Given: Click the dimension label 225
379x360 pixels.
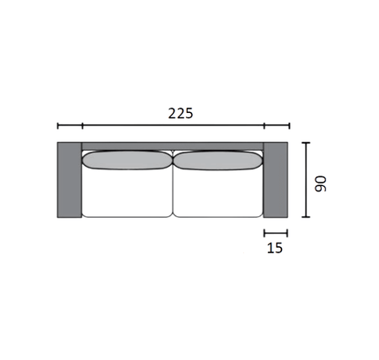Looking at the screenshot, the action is tap(181, 114).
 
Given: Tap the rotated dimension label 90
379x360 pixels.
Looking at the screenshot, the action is tap(320, 184).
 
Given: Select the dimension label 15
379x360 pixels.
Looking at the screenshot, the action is tap(275, 248).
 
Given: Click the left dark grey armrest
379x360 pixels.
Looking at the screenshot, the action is tap(70, 180).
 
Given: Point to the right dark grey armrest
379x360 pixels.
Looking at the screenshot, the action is tap(276, 180).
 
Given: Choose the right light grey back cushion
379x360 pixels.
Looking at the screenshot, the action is tap(218, 161).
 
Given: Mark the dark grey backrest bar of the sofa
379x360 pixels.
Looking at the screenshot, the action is tap(173, 146).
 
